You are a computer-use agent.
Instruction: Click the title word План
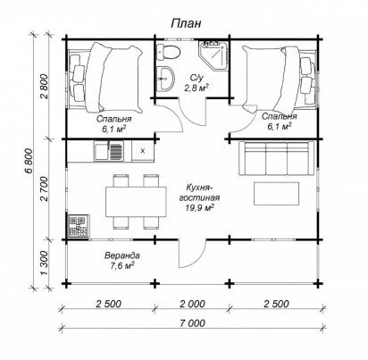[186, 24]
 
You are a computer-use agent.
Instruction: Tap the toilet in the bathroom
[168, 52]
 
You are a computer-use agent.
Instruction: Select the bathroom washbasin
[165, 79]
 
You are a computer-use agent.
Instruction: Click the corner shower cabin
[214, 55]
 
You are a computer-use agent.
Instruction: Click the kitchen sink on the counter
[108, 151]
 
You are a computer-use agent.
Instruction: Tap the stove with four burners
[78, 226]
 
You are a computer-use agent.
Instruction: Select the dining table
[136, 202]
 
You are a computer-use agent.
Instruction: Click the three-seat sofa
[276, 158]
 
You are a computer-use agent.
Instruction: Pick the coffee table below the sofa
[276, 194]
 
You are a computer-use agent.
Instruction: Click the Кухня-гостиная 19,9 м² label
[199, 197]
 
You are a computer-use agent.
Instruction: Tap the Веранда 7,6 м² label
[122, 260]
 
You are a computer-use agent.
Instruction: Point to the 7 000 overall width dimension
[192, 322]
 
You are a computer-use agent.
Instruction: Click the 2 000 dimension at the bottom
[192, 304]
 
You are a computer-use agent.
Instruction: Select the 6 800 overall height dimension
[29, 160]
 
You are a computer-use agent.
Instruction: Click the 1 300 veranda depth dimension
[44, 264]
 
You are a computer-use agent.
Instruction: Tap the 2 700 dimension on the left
[44, 188]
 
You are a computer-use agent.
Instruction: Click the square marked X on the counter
[143, 151]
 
